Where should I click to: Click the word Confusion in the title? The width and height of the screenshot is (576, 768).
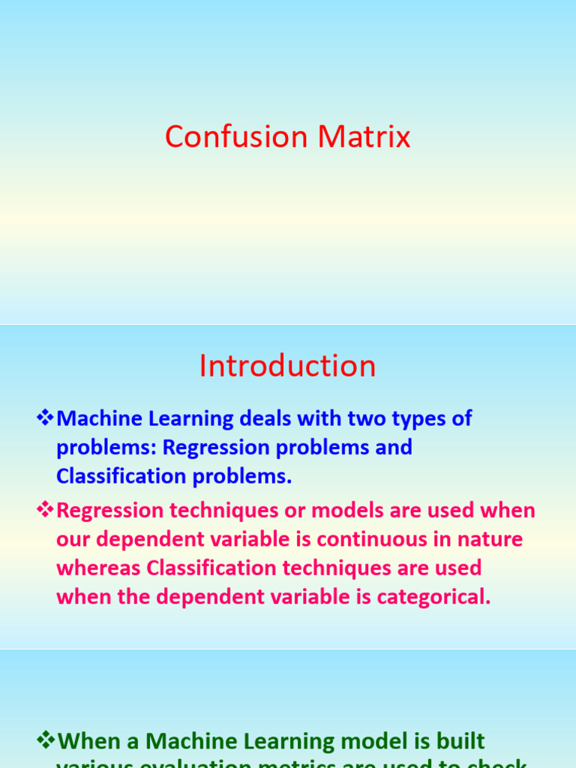point(237,137)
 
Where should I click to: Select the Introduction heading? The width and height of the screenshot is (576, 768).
point(287,366)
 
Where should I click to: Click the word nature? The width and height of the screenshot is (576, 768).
point(487,539)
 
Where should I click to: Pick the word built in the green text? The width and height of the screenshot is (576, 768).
point(459,742)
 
